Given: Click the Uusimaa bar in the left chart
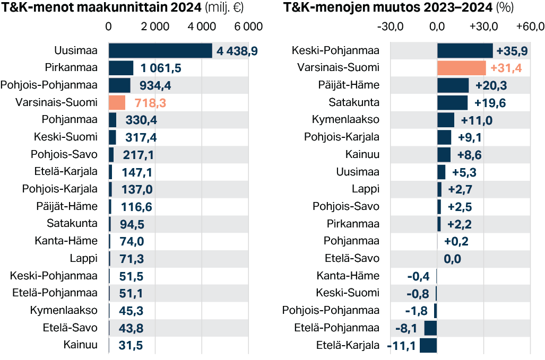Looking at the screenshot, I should pos(160,50).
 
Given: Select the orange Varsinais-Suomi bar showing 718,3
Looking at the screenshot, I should pos(117,102).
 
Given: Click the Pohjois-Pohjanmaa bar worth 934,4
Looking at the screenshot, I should pos(119,85).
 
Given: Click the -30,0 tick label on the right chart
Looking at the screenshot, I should pos(390,27).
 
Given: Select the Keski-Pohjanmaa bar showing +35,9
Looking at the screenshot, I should pos(465,51).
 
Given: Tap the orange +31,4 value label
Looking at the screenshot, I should pos(507,68).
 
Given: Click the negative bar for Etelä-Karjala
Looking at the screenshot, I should pos(428,346).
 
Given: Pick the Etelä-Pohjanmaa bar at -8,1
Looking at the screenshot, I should pos(430,328).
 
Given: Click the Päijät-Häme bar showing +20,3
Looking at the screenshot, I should pos(453,85).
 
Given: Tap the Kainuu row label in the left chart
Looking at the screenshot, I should pos(80,345).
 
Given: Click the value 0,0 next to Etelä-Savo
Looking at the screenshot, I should pos(453,259).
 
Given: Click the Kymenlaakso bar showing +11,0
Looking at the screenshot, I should pos(446,120).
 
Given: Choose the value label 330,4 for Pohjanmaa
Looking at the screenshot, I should pos(141,120).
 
